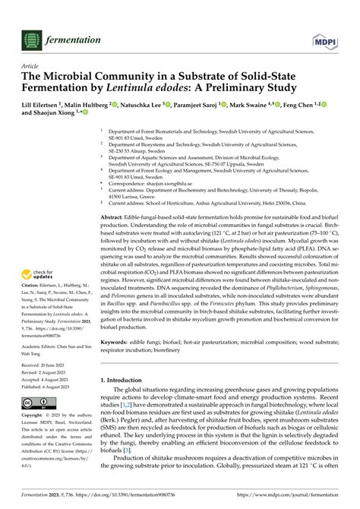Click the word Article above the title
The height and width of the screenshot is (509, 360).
coord(33,66)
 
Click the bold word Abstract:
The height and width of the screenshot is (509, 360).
coord(115,217)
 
